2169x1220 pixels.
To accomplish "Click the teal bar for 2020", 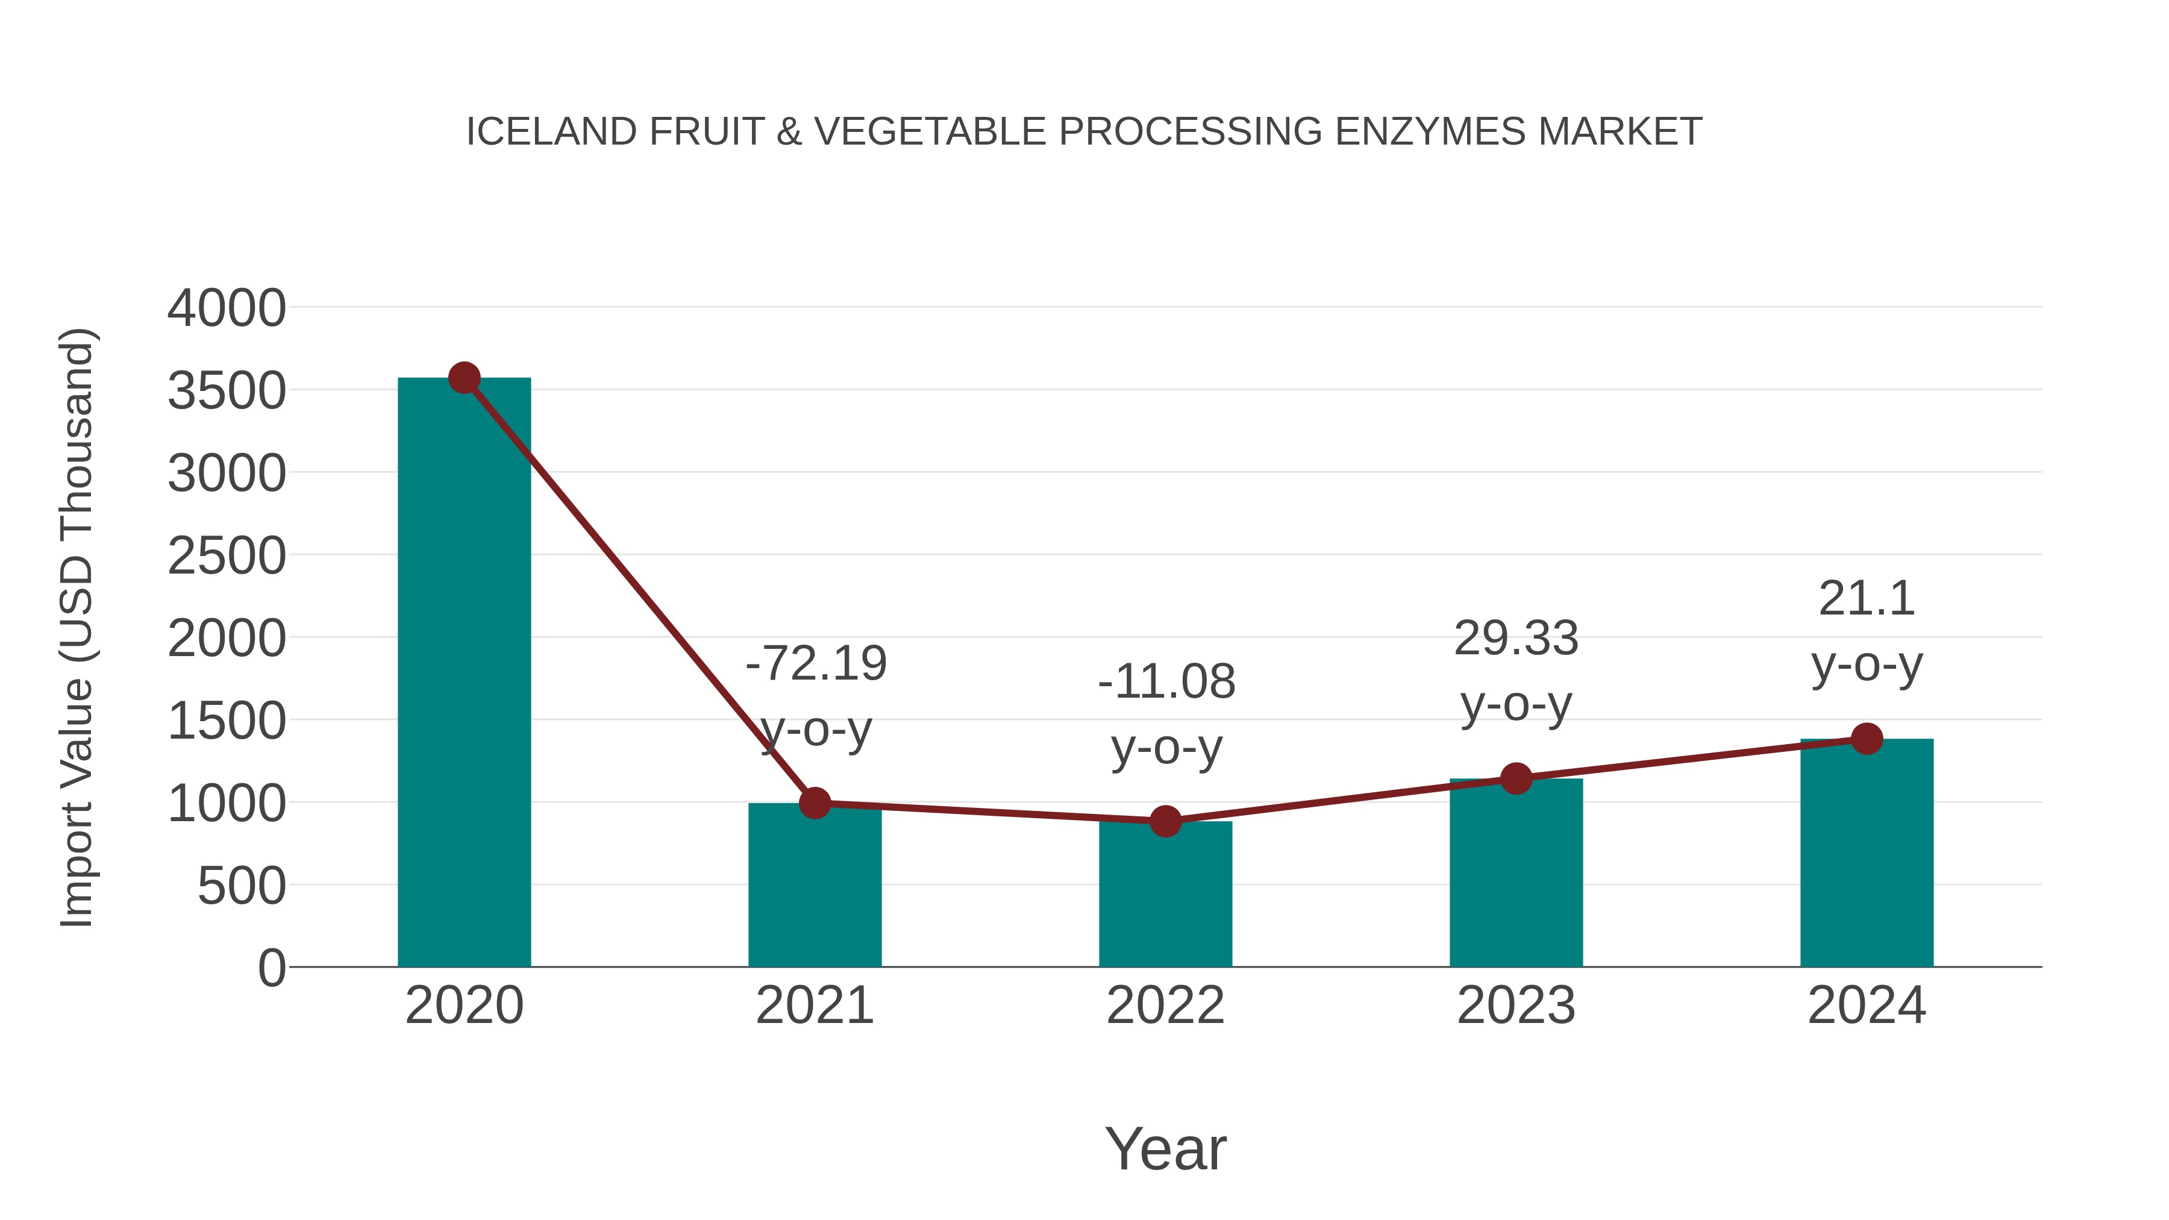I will coord(464,674).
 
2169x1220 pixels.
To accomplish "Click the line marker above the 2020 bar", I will coord(464,378).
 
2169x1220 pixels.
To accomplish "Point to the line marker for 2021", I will coord(815,803).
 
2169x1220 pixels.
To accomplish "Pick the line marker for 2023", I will coord(1516,779).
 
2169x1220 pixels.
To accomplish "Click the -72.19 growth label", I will coord(816,663).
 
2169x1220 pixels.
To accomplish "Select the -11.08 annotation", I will coord(1166,682).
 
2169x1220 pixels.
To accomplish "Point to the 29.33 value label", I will coord(1516,638).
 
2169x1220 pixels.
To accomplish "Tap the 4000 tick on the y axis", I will coord(227,308).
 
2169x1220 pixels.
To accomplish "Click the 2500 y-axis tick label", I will coord(227,555).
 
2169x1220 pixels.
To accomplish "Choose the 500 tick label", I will coord(242,887).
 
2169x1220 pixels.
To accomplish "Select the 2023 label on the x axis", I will coord(1516,1006).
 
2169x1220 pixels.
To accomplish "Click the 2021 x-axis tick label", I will coord(815,1006).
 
